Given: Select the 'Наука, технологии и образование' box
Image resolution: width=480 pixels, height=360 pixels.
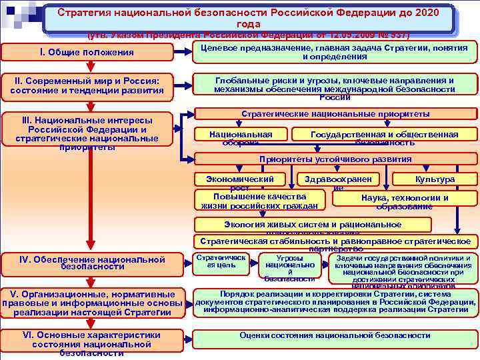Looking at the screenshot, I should [404, 201].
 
